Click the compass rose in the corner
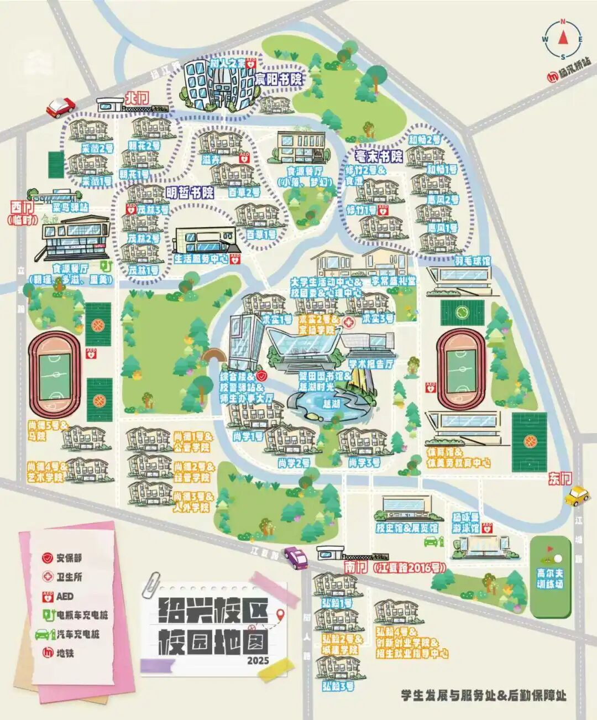coord(563,39)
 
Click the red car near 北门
coord(60,106)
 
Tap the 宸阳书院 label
coord(278,79)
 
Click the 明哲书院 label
coord(190,192)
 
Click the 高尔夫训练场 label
coord(549,578)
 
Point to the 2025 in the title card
coord(258,660)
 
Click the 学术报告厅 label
coord(371,364)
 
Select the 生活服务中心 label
coord(201,258)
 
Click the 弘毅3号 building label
coord(338,686)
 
